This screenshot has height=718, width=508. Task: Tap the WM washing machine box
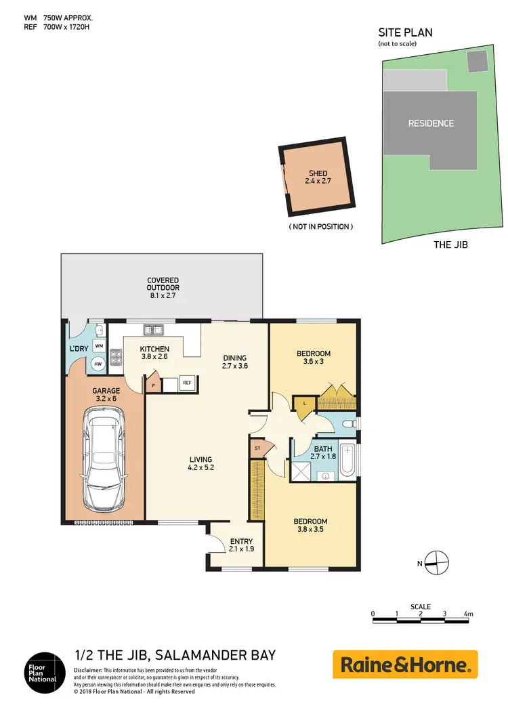tap(99, 346)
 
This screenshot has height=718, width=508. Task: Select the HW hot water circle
tap(99, 364)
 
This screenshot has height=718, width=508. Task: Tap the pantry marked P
tap(153, 384)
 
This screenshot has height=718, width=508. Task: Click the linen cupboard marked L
tap(305, 403)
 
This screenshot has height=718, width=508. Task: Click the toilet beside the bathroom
tap(347, 423)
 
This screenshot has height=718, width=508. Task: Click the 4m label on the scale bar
tap(468, 614)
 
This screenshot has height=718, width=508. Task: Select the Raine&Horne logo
tap(405, 664)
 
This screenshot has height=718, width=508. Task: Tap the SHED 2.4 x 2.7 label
tap(318, 177)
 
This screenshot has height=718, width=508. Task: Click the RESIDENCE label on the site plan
tap(431, 123)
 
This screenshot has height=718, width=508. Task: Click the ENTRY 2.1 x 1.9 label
tap(241, 545)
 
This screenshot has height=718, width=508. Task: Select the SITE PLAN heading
tap(405, 32)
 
